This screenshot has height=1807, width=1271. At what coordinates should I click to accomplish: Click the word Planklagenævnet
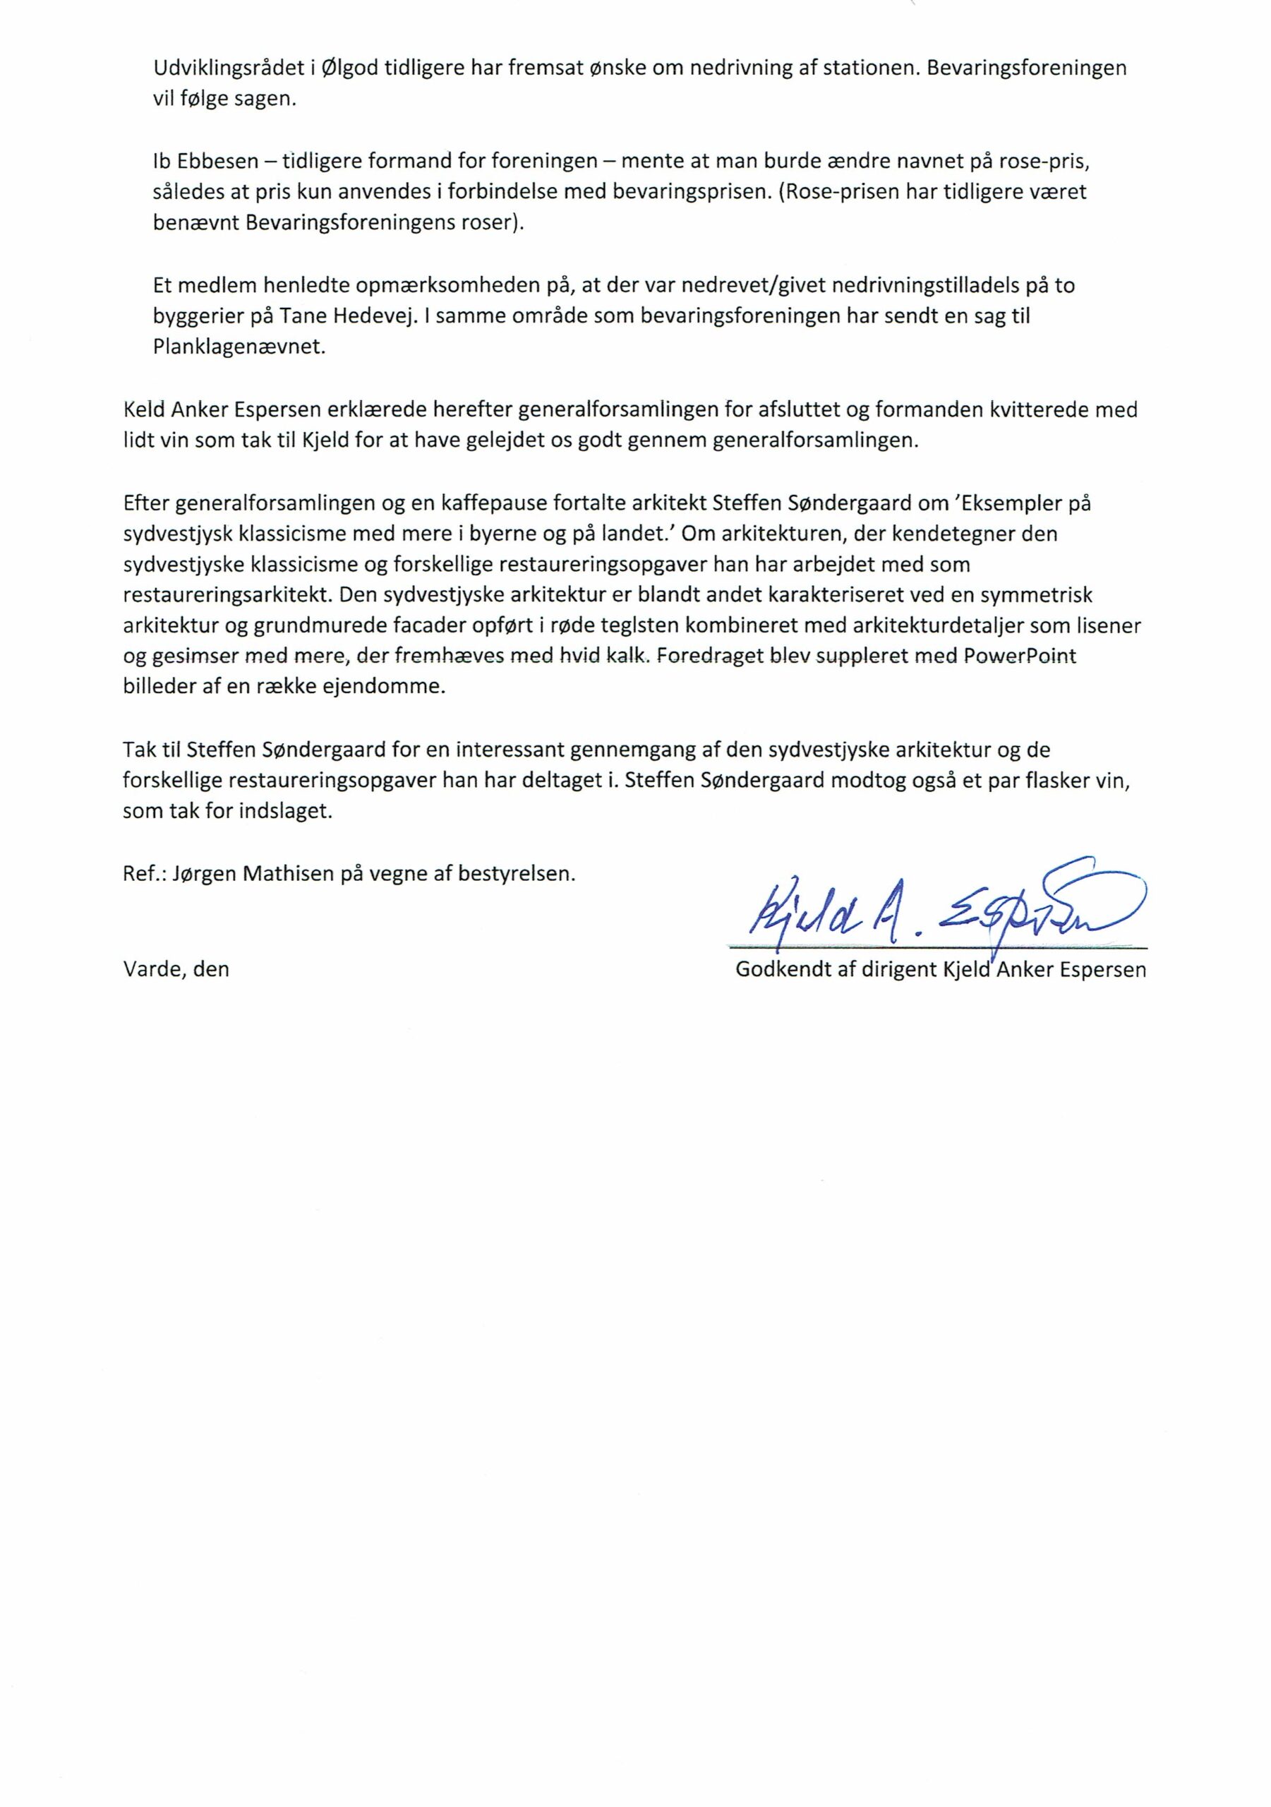(x=239, y=347)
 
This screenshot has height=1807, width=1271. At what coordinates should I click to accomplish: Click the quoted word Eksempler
(x=1009, y=502)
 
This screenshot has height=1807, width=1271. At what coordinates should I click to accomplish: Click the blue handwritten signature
(x=929, y=905)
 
